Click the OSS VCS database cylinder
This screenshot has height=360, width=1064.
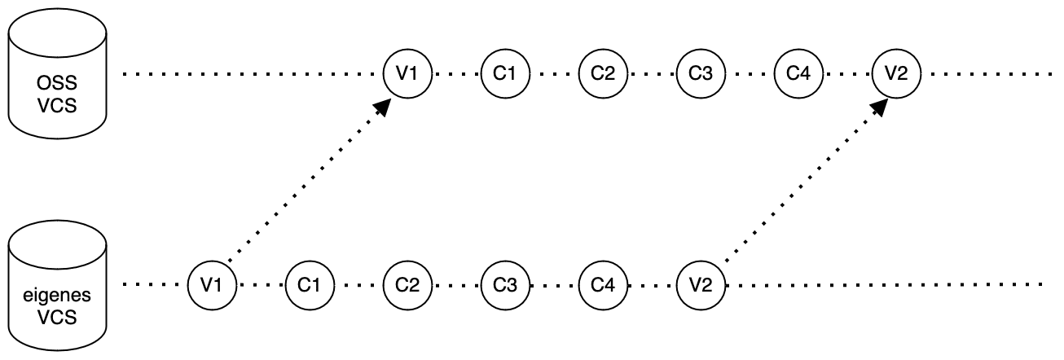click(57, 73)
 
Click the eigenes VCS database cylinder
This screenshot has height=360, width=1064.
click(57, 285)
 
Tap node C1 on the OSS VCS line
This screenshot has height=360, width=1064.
click(504, 73)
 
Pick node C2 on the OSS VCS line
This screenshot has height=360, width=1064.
click(602, 73)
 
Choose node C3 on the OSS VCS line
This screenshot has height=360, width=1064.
click(700, 73)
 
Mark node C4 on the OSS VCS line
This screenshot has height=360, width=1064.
click(798, 73)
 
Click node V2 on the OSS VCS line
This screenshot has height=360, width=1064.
click(895, 73)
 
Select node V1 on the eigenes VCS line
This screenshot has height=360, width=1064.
click(211, 285)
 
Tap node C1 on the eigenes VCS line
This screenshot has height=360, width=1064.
click(309, 285)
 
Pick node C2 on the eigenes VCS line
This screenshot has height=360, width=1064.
click(407, 285)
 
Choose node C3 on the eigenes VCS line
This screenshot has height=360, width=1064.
click(504, 285)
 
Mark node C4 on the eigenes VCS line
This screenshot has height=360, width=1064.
click(602, 285)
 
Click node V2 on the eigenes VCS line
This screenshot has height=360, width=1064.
click(700, 285)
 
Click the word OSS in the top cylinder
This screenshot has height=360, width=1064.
click(57, 84)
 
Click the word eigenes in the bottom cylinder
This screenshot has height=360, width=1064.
click(57, 296)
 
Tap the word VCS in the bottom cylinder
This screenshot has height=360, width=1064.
click(57, 316)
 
